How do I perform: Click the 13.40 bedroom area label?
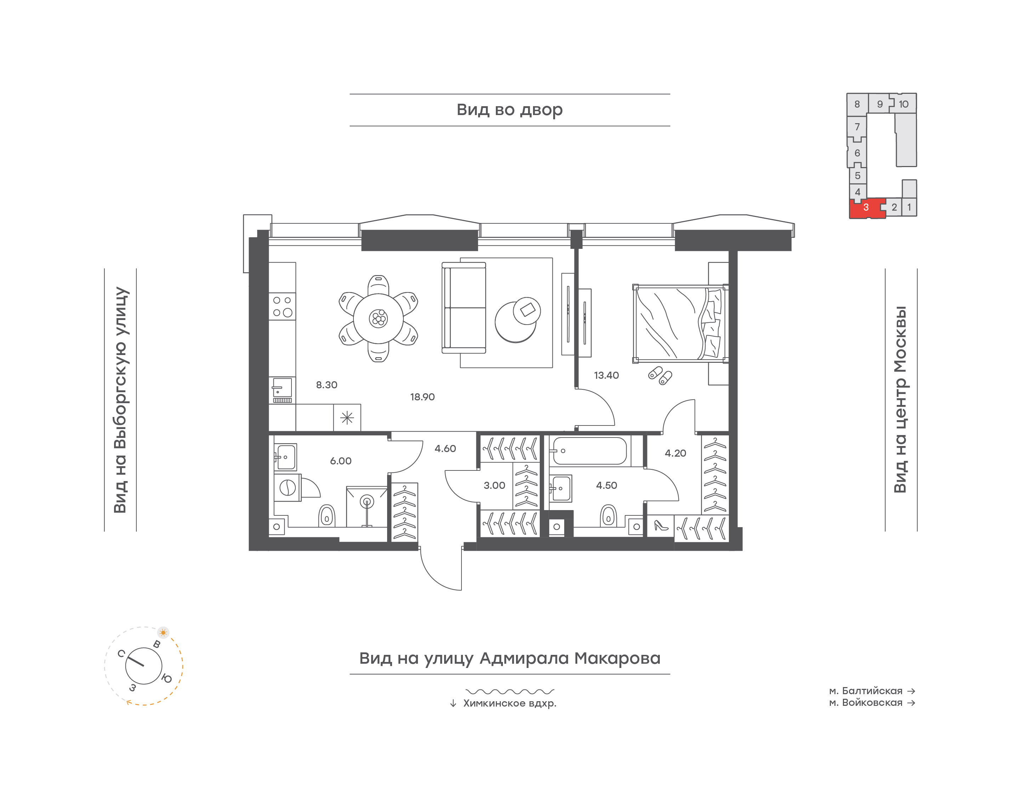[606, 375]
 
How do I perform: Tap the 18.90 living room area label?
[422, 397]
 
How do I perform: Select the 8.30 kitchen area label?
[327, 384]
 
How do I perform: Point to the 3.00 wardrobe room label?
[494, 485]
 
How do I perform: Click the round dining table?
[378, 319]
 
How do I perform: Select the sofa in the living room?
[464, 308]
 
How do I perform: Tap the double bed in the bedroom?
[679, 324]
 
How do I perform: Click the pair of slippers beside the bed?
[660, 376]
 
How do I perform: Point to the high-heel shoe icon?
[661, 526]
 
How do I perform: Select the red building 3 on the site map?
[867, 208]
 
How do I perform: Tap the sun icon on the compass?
[163, 632]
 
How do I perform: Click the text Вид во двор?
[510, 110]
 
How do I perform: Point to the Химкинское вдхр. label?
[510, 703]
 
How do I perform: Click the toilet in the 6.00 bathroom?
[327, 516]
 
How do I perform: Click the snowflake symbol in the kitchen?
[347, 418]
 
